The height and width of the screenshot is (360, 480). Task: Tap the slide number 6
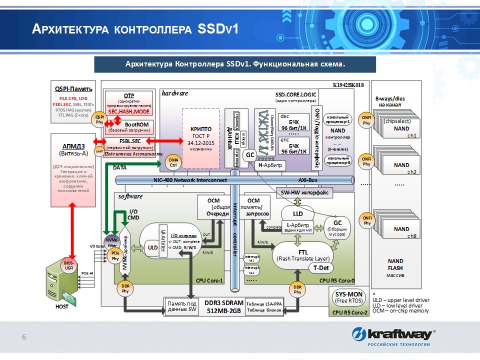(x=23, y=337)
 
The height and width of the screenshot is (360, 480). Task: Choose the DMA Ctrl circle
(x=173, y=162)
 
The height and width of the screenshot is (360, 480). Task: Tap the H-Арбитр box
(x=270, y=165)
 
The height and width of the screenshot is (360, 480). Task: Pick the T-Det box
(x=320, y=268)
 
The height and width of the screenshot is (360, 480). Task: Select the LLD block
(x=298, y=213)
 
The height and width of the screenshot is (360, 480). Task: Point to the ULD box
(x=152, y=246)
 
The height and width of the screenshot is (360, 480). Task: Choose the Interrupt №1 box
(x=251, y=258)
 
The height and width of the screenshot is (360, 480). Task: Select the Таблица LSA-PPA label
(x=265, y=304)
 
